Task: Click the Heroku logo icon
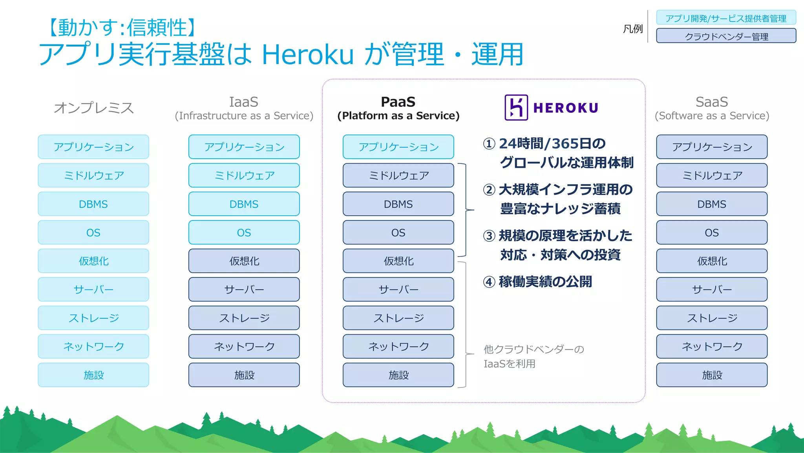pyautogui.click(x=516, y=107)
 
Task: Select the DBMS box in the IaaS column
pyautogui.click(x=244, y=204)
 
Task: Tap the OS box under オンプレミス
pyautogui.click(x=93, y=233)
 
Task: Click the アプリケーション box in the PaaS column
pyautogui.click(x=398, y=147)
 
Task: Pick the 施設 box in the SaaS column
pyautogui.click(x=711, y=375)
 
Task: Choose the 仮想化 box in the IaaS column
pyautogui.click(x=244, y=261)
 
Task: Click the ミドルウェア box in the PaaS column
pyautogui.click(x=398, y=175)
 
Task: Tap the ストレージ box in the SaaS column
pyautogui.click(x=711, y=318)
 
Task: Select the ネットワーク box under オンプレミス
pyautogui.click(x=93, y=347)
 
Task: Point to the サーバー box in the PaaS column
pyautogui.click(x=398, y=290)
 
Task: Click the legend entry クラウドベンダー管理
pyautogui.click(x=726, y=36)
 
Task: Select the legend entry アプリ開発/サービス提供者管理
pyautogui.click(x=726, y=18)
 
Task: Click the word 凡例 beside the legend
pyautogui.click(x=632, y=29)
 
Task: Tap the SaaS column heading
pyautogui.click(x=711, y=102)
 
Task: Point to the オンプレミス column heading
pyautogui.click(x=93, y=108)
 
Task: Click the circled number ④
pyautogui.click(x=489, y=282)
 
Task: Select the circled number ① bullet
pyautogui.click(x=489, y=144)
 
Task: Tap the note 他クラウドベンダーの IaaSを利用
pyautogui.click(x=533, y=356)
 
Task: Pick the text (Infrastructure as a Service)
pyautogui.click(x=244, y=116)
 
